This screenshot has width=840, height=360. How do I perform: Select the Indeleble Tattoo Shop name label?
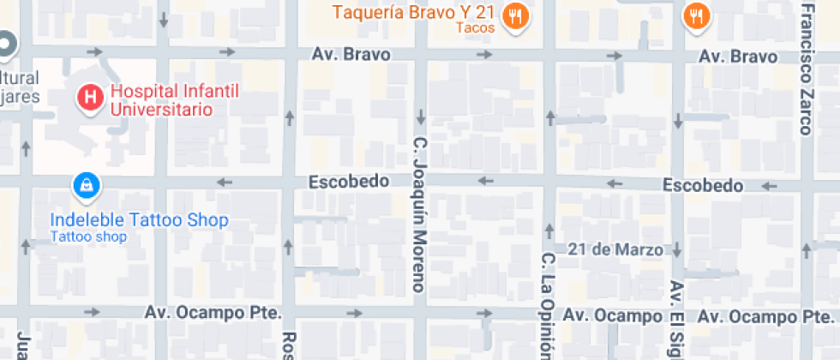pyautogui.click(x=139, y=220)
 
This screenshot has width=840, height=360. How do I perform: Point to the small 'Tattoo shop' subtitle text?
pyautogui.click(x=88, y=237)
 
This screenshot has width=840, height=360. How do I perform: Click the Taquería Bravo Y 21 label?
pyautogui.click(x=413, y=13)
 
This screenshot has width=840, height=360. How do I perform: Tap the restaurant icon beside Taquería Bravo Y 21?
pyautogui.click(x=514, y=15)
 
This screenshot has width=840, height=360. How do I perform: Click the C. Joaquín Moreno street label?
pyautogui.click(x=420, y=214)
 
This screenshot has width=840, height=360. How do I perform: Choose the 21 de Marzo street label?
pyautogui.click(x=615, y=250)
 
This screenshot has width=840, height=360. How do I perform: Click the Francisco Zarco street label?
pyautogui.click(x=806, y=69)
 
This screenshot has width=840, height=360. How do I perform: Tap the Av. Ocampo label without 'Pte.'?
pyautogui.click(x=612, y=316)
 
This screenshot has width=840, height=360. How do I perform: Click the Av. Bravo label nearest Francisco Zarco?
pyautogui.click(x=738, y=57)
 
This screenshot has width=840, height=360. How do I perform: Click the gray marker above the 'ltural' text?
pyautogui.click(x=5, y=44)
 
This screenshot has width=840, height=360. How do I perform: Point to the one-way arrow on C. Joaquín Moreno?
pyautogui.click(x=420, y=116)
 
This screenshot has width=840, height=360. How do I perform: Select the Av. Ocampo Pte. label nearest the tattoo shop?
pyautogui.click(x=213, y=313)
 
